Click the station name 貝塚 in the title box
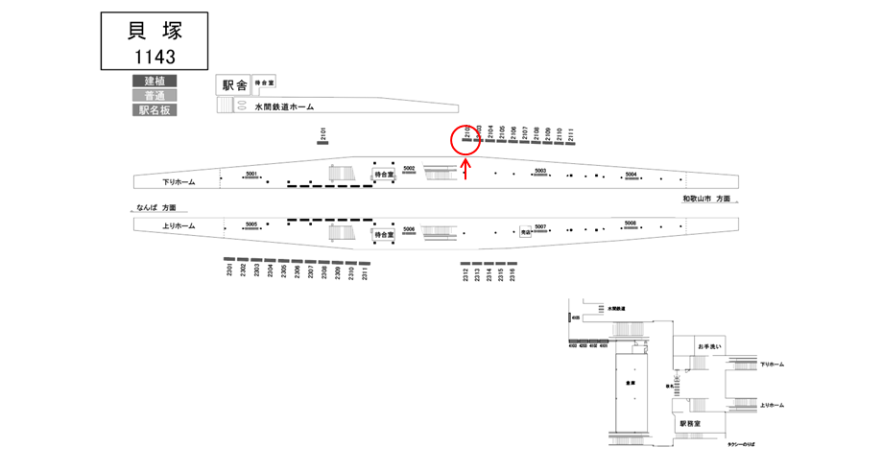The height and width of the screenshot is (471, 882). coord(154,31)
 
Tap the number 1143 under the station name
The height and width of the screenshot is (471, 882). coord(154,57)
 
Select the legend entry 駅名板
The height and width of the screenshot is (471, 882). coord(155,110)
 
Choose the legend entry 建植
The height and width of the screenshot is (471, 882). coord(155,81)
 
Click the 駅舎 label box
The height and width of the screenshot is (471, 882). coord(234,85)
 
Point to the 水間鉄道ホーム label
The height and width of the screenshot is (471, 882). coord(284,107)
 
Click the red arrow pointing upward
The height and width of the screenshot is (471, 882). coord(465,169)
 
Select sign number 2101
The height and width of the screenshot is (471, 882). coord(323,135)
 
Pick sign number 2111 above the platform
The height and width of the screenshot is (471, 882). coord(570,135)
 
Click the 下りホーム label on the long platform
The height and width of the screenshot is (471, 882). coord(179,180)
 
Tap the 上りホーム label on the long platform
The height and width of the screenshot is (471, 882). coord(179,225)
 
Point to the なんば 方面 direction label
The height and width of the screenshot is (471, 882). coord(157,207)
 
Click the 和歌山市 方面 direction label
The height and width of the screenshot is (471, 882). coord(705,199)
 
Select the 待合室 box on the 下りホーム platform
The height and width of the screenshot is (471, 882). coord(384,175)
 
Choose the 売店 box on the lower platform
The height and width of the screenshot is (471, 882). coord(525,231)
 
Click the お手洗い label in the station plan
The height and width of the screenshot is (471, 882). coord(711,345)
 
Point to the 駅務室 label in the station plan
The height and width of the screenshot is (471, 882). coord(691,423)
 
